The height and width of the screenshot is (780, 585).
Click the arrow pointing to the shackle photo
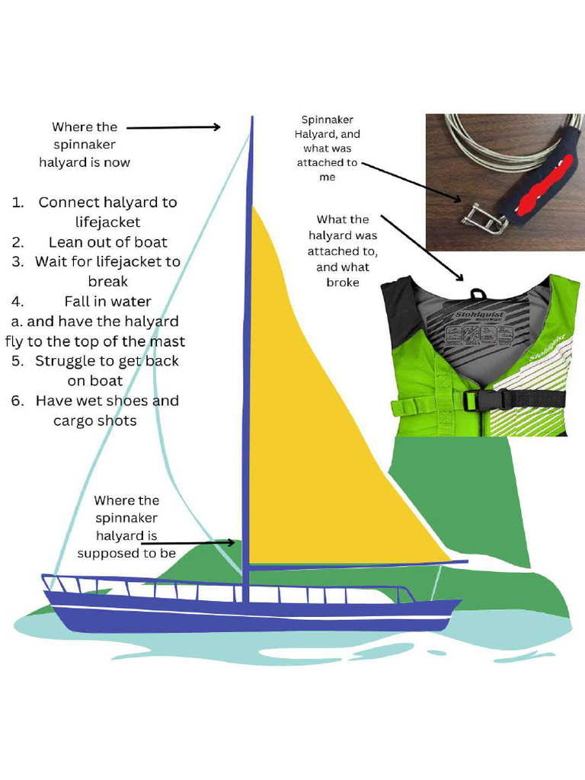411,183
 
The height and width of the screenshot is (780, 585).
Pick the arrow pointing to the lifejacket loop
423,247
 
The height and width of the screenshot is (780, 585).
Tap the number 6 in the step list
18,401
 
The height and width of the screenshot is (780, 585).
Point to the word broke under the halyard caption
343,283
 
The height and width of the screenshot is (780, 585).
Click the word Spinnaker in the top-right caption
328,120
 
